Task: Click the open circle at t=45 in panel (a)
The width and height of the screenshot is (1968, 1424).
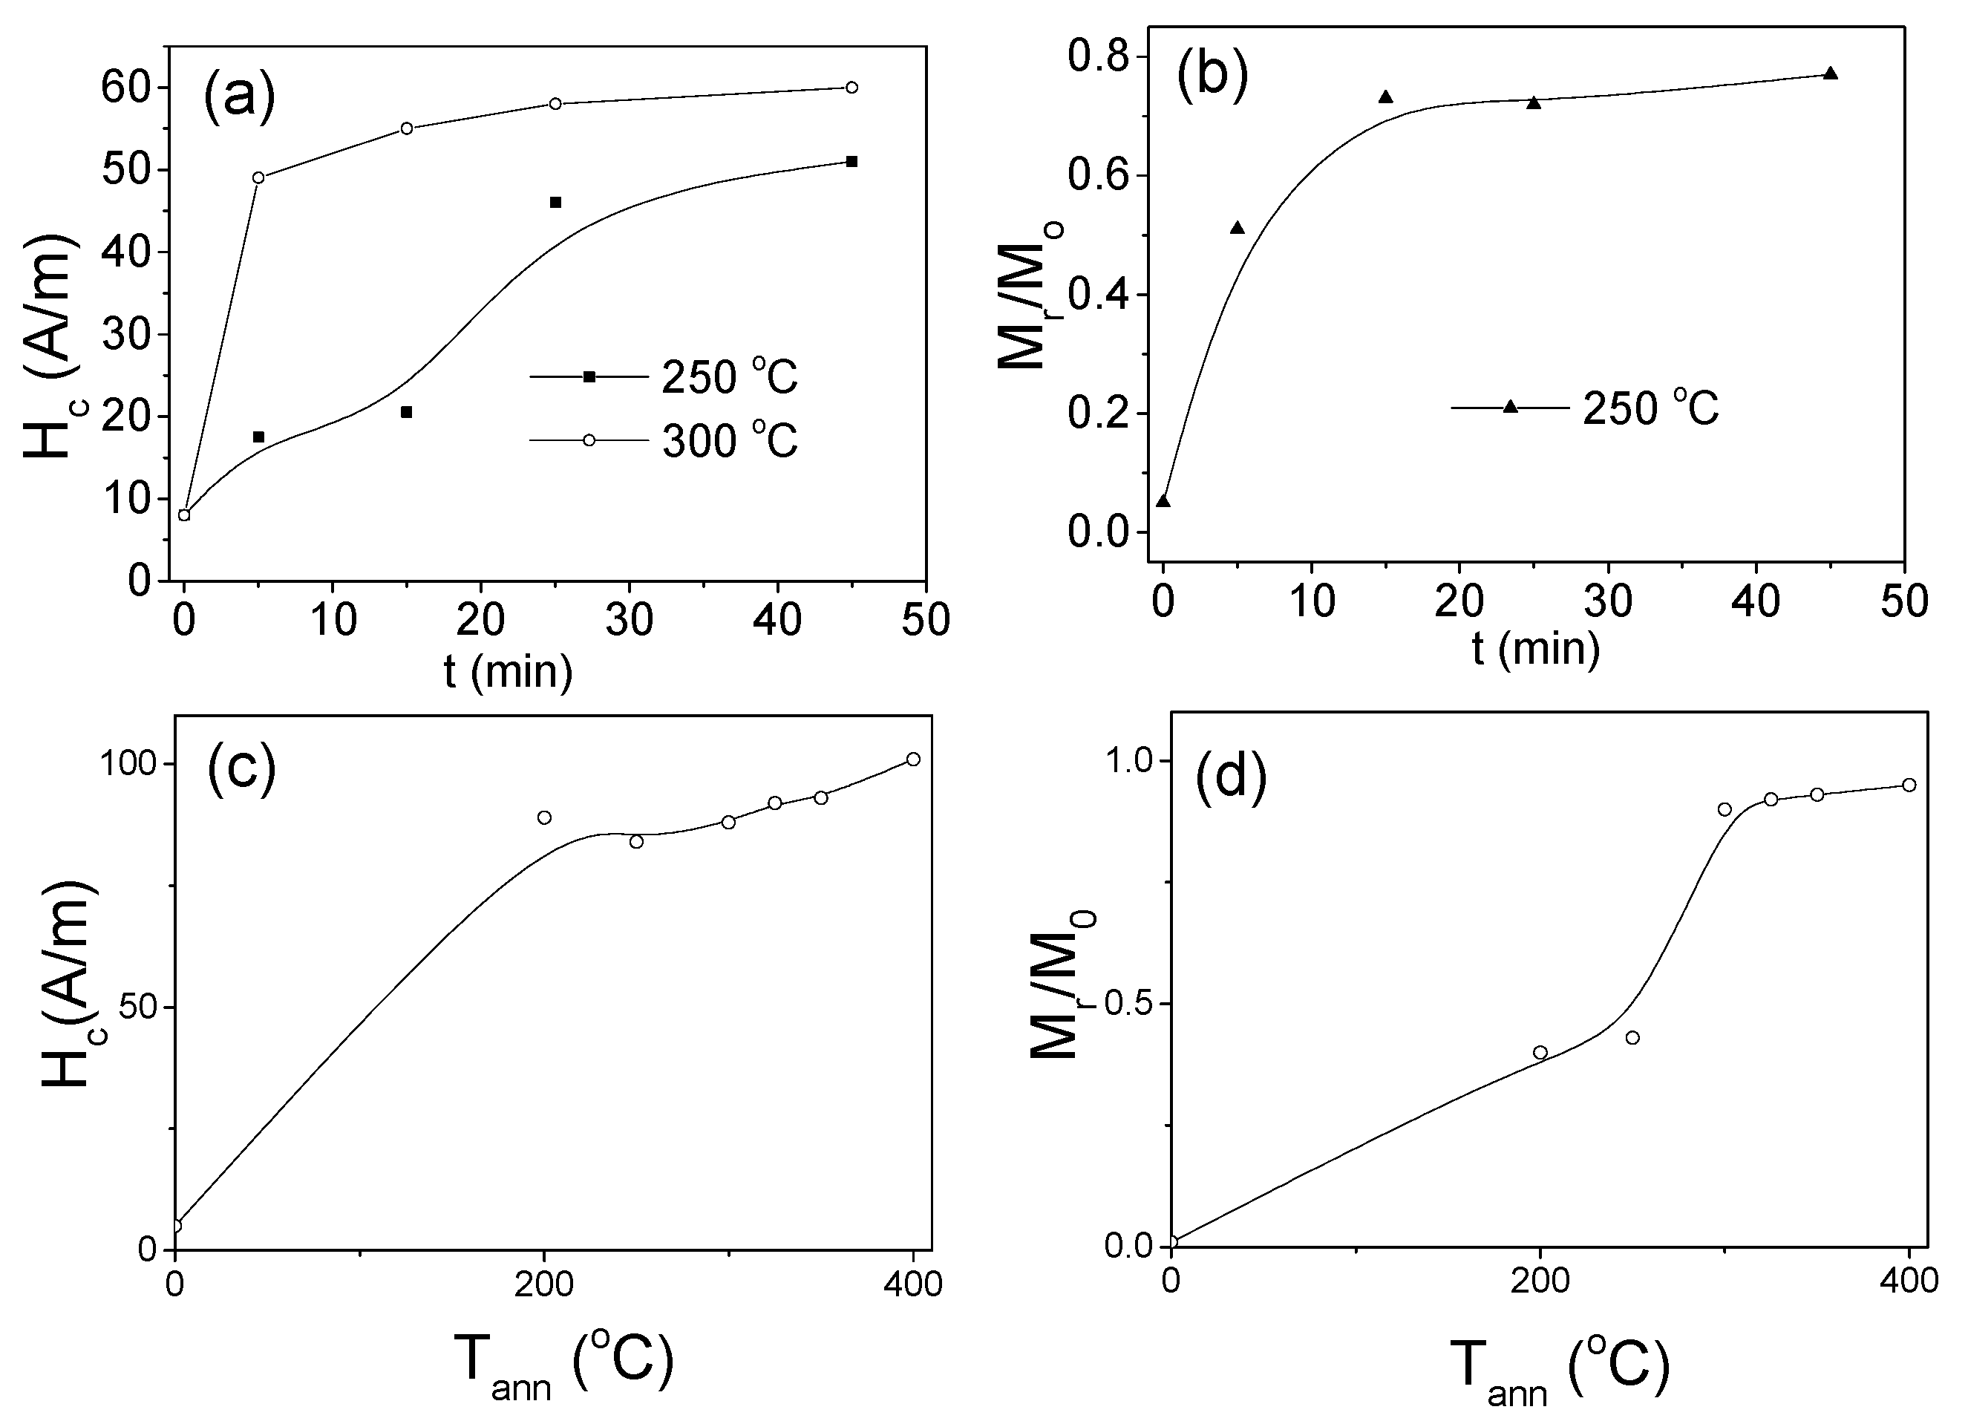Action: (851, 88)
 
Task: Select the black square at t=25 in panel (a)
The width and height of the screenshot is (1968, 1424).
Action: (555, 203)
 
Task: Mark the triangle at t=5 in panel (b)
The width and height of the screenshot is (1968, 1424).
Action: (1238, 228)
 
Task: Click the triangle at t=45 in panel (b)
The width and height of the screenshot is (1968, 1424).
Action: (1830, 74)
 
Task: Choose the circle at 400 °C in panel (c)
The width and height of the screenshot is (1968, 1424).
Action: (913, 760)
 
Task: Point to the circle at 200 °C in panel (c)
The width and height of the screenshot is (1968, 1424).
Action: (544, 817)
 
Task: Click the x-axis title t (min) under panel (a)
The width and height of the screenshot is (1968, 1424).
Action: (509, 670)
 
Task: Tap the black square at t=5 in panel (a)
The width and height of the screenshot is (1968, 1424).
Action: (258, 437)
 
